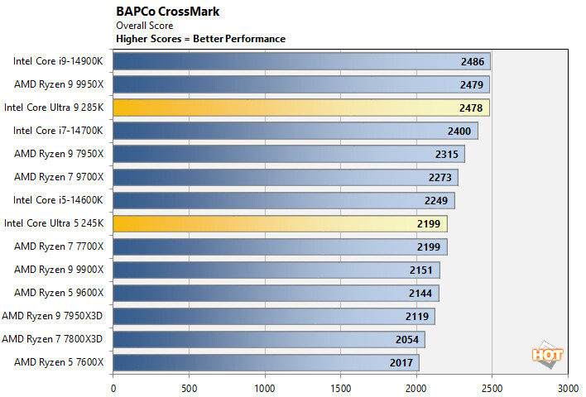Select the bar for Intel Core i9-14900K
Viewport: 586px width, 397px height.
pos(301,61)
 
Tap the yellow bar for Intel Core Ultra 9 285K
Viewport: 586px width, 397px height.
pos(300,108)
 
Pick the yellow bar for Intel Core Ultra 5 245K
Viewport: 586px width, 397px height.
pos(280,223)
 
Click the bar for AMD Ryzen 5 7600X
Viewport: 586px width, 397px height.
pos(266,362)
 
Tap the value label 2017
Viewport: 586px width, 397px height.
pos(404,362)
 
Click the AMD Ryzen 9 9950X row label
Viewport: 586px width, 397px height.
pos(59,84)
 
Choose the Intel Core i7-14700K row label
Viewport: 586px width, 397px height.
pos(59,131)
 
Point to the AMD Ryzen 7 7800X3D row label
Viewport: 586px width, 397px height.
pos(53,339)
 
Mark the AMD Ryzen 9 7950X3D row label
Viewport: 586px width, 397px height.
pos(53,316)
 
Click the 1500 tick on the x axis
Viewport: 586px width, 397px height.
pos(341,386)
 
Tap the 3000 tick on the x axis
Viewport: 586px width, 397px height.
pos(568,386)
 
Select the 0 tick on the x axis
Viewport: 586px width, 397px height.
pos(113,386)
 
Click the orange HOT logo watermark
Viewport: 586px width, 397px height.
pos(548,354)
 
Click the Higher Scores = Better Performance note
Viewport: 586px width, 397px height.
pos(201,38)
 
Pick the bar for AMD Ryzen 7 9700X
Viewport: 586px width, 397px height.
pos(286,177)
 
